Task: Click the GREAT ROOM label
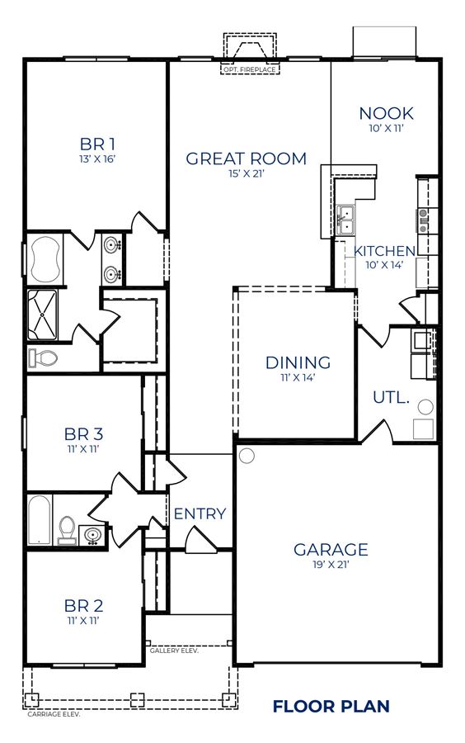246,159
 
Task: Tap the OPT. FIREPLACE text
249,69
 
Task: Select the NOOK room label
386,113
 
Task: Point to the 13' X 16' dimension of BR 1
97,159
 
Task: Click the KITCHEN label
384,251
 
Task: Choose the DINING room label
298,362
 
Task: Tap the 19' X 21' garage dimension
330,565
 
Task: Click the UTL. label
391,397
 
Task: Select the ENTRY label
200,513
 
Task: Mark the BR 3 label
83,433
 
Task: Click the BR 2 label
83,606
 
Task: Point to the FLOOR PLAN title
331,707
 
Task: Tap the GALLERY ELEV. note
174,651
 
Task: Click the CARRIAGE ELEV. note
54,714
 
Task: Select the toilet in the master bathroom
43,357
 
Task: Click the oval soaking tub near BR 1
46,261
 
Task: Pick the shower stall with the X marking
42,315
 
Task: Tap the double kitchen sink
345,220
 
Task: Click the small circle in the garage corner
247,456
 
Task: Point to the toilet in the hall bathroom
67,530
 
